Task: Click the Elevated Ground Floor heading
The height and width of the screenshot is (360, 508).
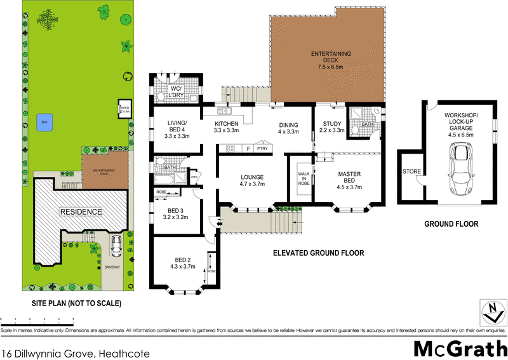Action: coord(317,253)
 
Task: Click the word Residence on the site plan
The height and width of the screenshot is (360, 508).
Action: coord(81,211)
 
